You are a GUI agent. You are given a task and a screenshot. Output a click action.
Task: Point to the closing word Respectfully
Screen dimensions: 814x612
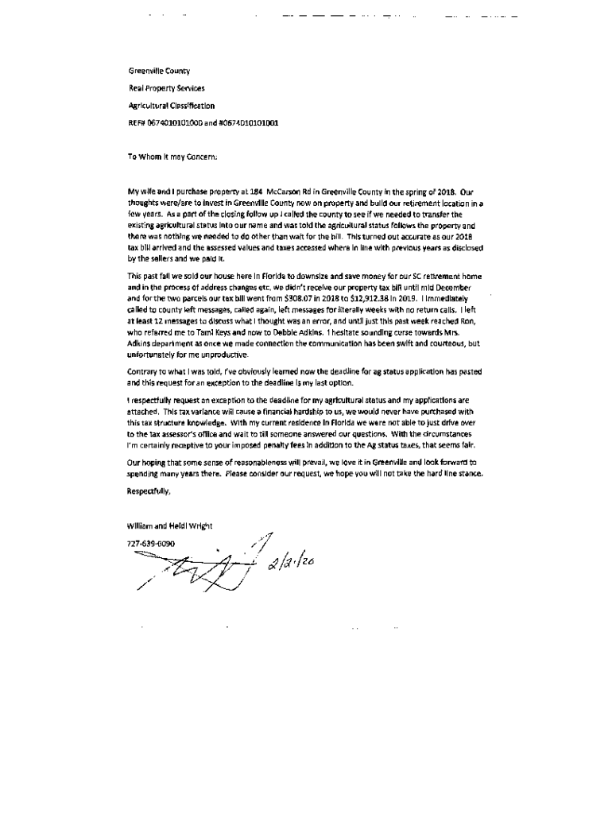(x=149, y=490)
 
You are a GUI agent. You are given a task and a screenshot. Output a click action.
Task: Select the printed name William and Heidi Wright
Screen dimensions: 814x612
(x=169, y=526)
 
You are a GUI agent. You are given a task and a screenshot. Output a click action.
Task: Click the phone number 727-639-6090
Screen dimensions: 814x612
(x=150, y=544)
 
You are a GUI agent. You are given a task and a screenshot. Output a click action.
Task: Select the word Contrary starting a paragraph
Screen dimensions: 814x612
(x=142, y=372)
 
